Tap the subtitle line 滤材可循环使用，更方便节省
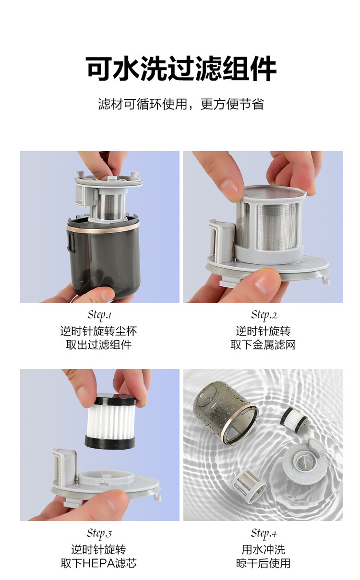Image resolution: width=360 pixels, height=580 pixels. (x=181, y=104)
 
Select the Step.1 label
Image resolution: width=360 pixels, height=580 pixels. (x=99, y=315)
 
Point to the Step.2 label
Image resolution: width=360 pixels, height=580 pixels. (x=264, y=315)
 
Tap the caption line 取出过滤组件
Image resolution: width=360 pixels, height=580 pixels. (x=99, y=344)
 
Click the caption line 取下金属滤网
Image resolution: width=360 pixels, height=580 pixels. (x=263, y=344)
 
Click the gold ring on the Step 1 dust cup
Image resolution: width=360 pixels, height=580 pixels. (x=103, y=227)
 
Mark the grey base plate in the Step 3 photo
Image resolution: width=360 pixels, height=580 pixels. (x=106, y=484)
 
